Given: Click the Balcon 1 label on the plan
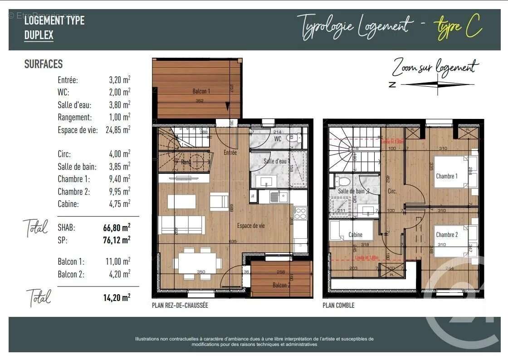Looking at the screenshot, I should [201, 91].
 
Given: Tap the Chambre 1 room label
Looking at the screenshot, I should [446, 176].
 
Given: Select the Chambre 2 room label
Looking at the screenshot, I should [446, 235].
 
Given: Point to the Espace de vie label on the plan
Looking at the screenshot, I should [251, 226].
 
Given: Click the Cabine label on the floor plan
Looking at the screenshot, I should [355, 235].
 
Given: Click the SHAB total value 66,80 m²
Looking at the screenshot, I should [117, 227].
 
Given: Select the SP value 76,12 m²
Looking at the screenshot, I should [117, 240].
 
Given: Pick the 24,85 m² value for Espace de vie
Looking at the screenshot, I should [118, 130].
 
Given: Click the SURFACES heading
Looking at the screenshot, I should [44, 64].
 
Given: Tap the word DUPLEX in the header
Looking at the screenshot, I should [39, 35].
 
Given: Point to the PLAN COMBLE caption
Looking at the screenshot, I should [338, 306].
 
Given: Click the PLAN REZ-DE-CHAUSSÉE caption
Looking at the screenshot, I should [180, 306].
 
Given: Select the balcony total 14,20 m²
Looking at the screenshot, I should [117, 298].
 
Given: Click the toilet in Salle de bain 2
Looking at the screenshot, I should [342, 182].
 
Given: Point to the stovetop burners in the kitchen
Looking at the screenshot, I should [300, 212].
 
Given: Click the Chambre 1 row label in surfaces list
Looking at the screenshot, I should [73, 179].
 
